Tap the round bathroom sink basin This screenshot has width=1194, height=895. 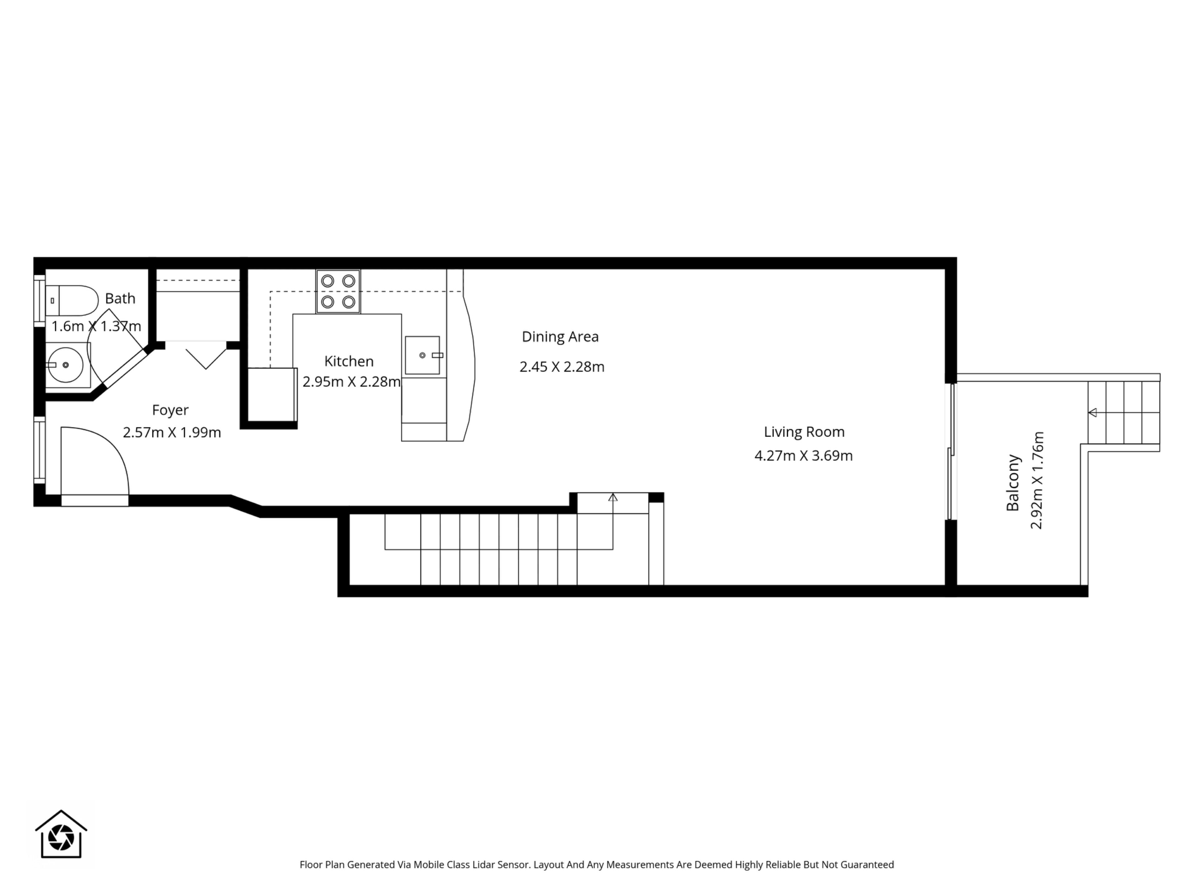pyautogui.click(x=65, y=365)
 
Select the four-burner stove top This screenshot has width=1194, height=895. pyautogui.click(x=338, y=291)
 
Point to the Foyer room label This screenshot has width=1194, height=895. pyautogui.click(x=170, y=410)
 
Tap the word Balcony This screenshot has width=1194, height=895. pyautogui.click(x=1013, y=483)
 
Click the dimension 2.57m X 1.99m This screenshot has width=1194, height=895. pyautogui.click(x=172, y=433)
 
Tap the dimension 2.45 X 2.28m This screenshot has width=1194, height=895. pyautogui.click(x=562, y=367)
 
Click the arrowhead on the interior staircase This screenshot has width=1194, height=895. pyautogui.click(x=613, y=497)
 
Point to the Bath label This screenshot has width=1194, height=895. pyautogui.click(x=120, y=298)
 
